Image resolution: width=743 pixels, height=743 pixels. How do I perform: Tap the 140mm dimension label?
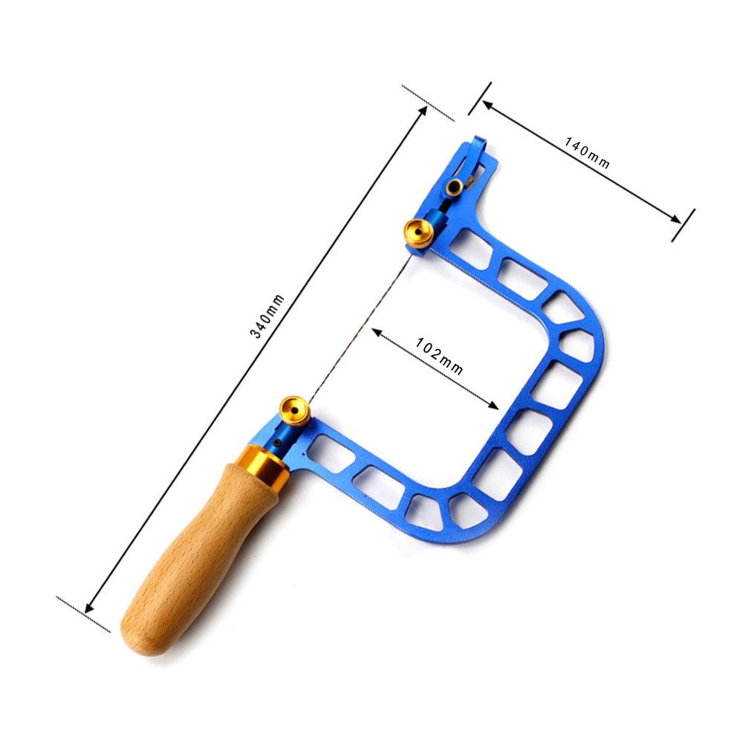587,152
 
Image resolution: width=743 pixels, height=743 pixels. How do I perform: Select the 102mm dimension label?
439,356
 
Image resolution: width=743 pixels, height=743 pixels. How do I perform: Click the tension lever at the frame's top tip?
469,160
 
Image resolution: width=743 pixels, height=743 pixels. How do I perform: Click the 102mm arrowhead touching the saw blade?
376,334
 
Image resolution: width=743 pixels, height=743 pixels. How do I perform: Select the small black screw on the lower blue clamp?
278,444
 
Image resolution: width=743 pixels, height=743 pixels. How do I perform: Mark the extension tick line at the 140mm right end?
683,224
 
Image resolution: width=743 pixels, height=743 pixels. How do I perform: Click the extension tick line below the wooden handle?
82,614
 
